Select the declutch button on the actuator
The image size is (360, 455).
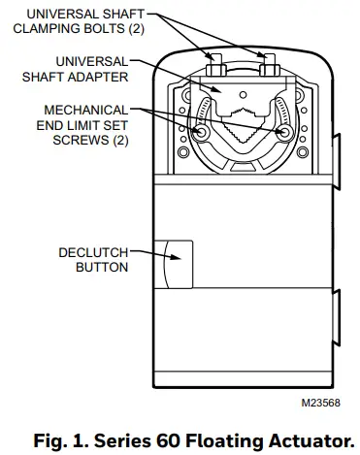click(x=180, y=263)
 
